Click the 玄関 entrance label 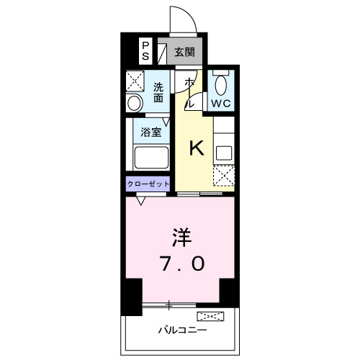coord(184,52)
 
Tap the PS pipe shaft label coord(145,51)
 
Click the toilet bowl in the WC coord(220,86)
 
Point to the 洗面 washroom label coord(159,92)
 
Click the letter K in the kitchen coord(197,149)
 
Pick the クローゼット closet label coord(149,184)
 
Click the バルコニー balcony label coord(183,330)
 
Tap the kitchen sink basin coord(224,153)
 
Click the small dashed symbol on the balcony coord(210,316)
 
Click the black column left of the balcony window coord(132,296)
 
